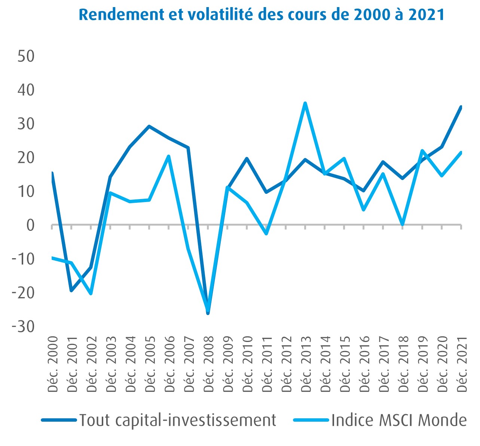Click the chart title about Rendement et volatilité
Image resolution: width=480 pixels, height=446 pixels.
tap(262, 14)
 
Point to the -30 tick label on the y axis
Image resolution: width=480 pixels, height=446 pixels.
tap(23, 326)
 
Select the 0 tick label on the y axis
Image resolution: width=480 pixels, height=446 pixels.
tap(30, 225)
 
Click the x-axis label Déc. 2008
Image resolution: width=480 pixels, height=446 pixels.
tap(208, 364)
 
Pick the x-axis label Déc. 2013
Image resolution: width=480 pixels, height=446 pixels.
tap(306, 364)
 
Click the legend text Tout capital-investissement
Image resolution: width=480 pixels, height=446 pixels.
tap(178, 420)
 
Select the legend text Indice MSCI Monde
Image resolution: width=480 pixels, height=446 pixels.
tap(399, 420)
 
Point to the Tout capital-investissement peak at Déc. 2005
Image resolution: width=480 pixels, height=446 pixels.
tap(149, 126)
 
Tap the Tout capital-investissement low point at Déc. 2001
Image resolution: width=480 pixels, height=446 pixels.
tap(71, 290)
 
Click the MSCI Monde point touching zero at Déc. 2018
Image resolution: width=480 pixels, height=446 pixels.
tap(403, 224)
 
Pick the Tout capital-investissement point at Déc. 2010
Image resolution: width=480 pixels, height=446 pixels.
tap(247, 158)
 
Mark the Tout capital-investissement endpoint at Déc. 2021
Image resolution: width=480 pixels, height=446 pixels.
tap(461, 107)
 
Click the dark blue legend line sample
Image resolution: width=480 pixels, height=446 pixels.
tap(59, 420)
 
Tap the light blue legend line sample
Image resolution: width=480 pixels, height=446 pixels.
tap(311, 420)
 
